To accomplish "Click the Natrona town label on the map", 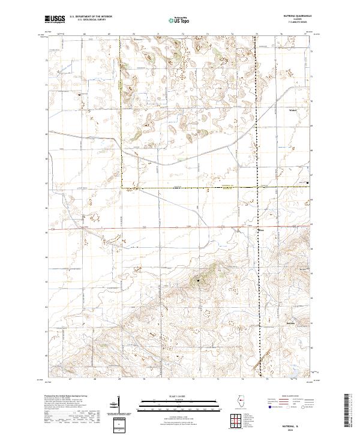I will coord(292,323).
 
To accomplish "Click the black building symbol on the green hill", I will coord(199,280).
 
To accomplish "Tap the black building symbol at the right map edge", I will coord(308,182).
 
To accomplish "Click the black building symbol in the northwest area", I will coord(79,94).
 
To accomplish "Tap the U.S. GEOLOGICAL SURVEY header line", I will coord(88,20).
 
